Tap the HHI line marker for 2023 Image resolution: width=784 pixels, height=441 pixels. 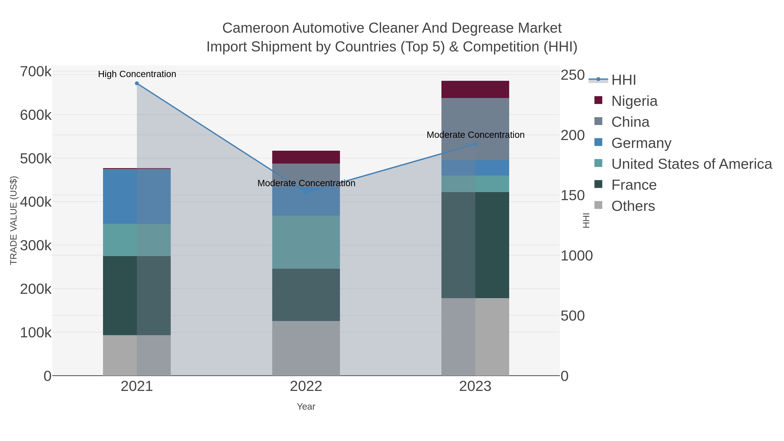[475, 144]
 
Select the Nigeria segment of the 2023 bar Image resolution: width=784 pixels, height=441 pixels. [475, 90]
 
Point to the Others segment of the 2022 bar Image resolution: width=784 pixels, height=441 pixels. [306, 348]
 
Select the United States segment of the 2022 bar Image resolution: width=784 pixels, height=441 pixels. [306, 242]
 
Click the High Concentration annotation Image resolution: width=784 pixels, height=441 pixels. [137, 74]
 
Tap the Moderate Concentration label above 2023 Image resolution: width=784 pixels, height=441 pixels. [475, 135]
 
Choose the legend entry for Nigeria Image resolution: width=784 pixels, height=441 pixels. [634, 101]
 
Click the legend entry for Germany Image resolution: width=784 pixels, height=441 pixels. [641, 143]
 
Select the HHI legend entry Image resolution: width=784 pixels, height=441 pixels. [623, 80]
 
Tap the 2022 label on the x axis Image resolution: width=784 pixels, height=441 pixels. [306, 387]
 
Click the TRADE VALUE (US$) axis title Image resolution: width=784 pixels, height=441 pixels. [14, 220]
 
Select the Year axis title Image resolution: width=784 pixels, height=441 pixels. [306, 407]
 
